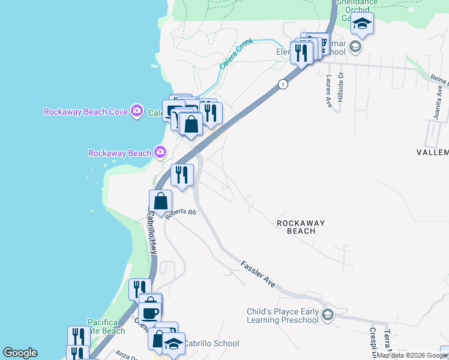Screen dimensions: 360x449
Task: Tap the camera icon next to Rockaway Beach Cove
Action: (137, 111)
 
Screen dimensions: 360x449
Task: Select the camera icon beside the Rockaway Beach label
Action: (160, 152)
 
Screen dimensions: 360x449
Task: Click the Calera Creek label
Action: (236, 54)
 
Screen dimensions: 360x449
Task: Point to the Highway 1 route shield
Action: (282, 85)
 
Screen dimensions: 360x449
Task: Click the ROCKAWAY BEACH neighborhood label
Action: (301, 227)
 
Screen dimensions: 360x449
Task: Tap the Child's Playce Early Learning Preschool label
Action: (283, 316)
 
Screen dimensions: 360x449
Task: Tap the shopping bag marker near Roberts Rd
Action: (160, 201)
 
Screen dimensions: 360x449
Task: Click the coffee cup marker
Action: (149, 313)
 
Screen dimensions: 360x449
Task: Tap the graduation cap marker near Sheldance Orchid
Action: (363, 24)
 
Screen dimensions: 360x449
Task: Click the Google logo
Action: (20, 353)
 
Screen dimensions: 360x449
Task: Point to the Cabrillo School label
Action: (210, 344)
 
